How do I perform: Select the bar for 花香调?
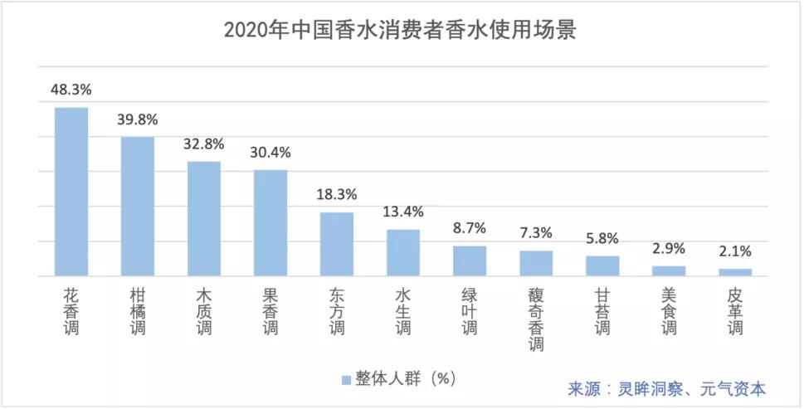click(71, 192)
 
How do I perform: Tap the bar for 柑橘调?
click(138, 206)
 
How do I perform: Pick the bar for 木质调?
click(204, 218)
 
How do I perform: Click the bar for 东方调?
click(337, 244)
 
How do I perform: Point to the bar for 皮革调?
click(735, 272)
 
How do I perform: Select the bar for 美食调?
click(669, 270)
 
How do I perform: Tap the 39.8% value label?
click(138, 119)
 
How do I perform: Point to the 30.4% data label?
click(270, 152)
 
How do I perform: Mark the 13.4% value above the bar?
click(403, 212)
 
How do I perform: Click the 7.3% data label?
click(536, 233)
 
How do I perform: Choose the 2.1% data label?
click(735, 251)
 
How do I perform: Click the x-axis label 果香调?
click(270, 311)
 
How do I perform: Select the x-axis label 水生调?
click(403, 311)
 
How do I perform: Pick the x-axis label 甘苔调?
click(602, 311)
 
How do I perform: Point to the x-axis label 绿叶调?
click(470, 311)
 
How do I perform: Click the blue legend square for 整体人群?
click(346, 379)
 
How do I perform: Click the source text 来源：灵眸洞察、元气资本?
click(666, 388)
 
